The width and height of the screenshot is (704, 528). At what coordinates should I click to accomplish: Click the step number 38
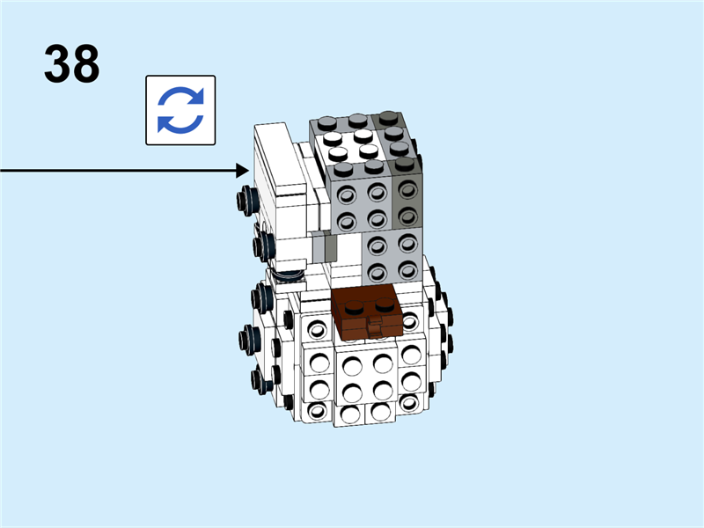click(72, 64)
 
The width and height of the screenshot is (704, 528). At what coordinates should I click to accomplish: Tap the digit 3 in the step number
click(57, 64)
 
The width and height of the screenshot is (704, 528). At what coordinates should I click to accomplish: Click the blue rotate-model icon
click(180, 110)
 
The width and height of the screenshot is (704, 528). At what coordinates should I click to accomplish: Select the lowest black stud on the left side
click(260, 380)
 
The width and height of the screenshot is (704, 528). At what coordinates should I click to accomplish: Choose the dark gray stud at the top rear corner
click(386, 118)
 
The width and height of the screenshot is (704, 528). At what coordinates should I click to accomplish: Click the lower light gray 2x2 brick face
click(392, 255)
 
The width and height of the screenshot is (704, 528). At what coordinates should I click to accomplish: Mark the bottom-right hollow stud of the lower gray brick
click(407, 271)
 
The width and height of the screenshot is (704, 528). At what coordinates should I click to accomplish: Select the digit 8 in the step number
click(86, 64)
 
